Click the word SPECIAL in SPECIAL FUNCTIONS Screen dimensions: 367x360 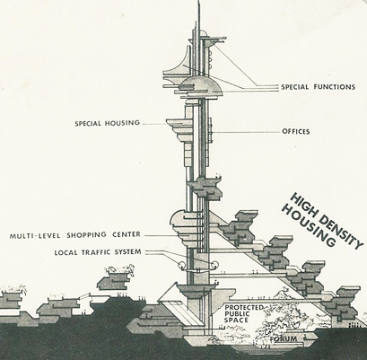294,87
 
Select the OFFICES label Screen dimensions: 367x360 296,131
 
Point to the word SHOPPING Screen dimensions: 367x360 86,235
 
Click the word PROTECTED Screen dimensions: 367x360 244,308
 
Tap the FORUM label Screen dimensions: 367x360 284,339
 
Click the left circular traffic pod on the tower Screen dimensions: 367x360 182,265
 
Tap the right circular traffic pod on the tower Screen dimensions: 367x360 214,265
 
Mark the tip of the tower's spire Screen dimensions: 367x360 198,1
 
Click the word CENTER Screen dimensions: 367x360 127,234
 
